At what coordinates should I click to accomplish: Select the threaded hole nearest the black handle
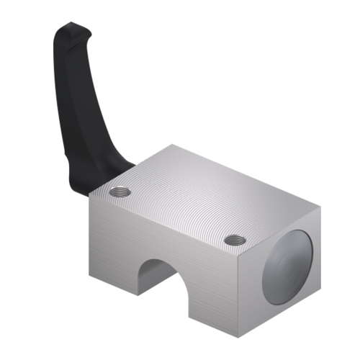tap(120, 192)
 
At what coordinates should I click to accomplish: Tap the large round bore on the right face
tap(287, 266)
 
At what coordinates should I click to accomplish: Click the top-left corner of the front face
tap(89, 197)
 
